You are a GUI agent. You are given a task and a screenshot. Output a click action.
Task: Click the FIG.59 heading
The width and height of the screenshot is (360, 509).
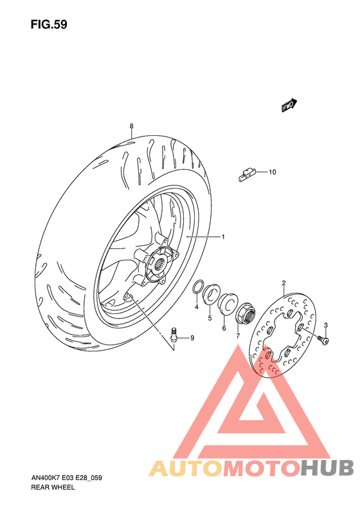coord(48,24)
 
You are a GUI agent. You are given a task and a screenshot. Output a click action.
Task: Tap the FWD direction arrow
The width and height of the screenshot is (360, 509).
coord(289,106)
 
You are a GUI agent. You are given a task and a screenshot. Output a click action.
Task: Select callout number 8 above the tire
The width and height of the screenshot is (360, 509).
coord(130,125)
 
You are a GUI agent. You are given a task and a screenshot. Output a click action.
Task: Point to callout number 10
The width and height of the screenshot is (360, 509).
coord(272,172)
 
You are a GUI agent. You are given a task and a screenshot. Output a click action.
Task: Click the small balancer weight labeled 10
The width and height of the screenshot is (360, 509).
coord(246,172)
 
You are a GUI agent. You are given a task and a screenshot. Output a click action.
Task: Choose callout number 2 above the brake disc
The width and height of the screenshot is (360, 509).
coord(283,283)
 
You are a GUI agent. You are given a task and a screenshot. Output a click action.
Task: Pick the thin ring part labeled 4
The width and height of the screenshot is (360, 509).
coord(200,286)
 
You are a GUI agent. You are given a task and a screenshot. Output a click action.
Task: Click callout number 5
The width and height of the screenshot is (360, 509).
coord(210,317)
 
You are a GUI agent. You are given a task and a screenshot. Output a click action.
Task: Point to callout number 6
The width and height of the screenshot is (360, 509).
coord(224,328)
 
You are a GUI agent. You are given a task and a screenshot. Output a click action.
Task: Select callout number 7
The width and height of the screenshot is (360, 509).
coord(237,336)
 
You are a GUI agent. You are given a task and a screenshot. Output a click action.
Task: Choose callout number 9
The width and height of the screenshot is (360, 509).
coord(191,338)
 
